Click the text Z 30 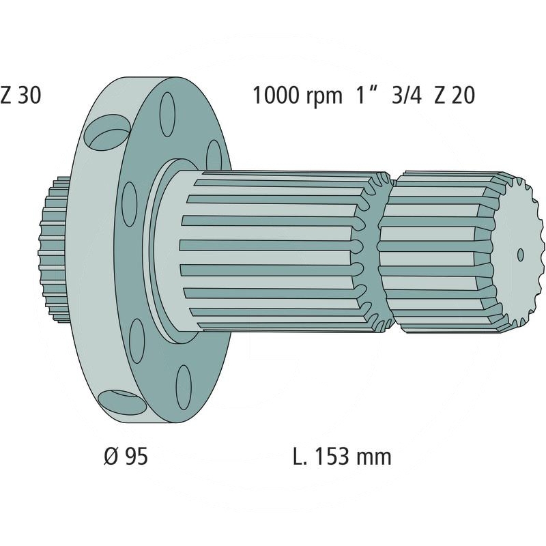[x=20, y=95]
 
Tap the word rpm [x=324, y=97]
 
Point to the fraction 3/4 [x=407, y=95]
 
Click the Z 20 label [x=455, y=95]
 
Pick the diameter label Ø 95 [x=126, y=456]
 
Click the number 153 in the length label [x=332, y=456]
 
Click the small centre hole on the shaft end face [x=520, y=255]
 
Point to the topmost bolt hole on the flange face [x=167, y=114]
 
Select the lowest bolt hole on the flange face [x=184, y=387]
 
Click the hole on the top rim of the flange [x=107, y=132]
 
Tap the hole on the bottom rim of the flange [x=121, y=403]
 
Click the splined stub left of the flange [x=53, y=248]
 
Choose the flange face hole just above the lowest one [x=137, y=341]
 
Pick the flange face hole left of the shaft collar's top [x=129, y=204]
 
